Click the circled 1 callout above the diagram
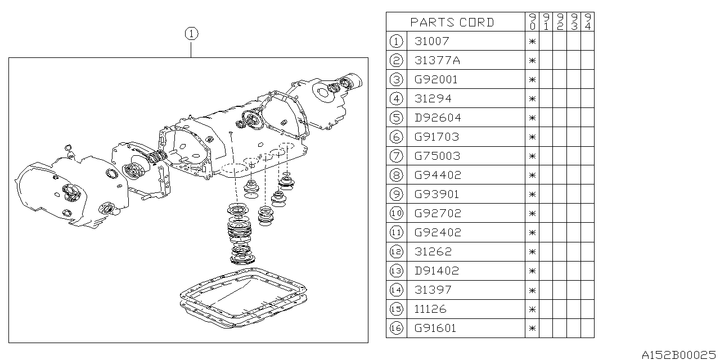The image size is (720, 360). click(192, 34)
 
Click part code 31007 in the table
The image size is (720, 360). click(431, 41)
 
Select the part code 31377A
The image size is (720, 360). click(437, 60)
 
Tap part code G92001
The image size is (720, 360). click(436, 79)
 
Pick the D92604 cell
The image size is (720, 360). click(438, 118)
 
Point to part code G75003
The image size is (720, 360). click(438, 156)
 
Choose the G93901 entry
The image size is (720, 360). click(436, 194)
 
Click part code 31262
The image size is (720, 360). click(433, 251)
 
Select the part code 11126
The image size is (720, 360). click(430, 309)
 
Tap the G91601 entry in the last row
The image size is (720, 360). click(435, 328)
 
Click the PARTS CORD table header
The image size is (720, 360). click(452, 22)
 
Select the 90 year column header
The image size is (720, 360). click(532, 22)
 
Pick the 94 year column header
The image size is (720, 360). click(588, 22)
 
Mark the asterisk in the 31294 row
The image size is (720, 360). click(532, 98)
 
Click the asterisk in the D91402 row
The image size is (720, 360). click(532, 271)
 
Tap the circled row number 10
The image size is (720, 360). click(397, 213)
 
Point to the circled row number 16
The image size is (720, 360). click(397, 328)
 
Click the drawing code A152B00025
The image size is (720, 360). click(679, 354)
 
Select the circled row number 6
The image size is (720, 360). click(397, 137)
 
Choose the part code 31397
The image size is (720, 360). click(433, 290)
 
